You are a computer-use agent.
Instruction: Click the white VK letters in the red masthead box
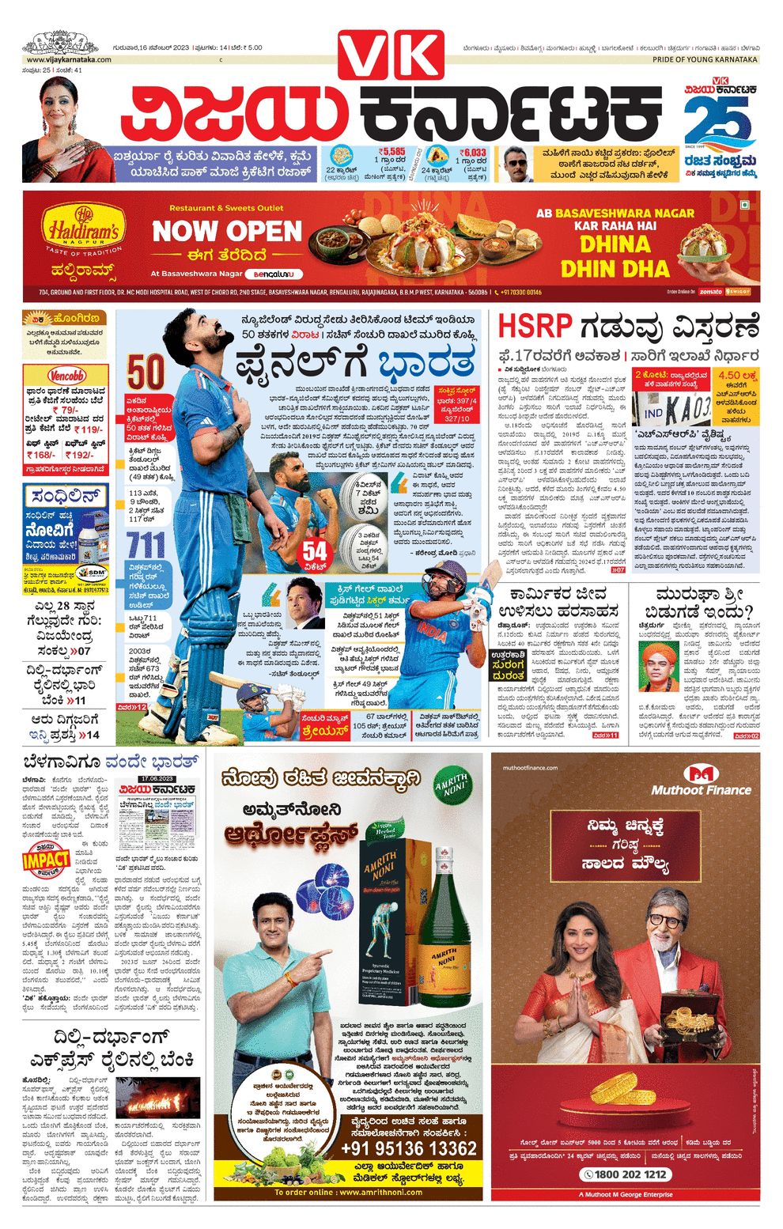391,57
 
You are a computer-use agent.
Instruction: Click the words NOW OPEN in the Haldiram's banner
228,231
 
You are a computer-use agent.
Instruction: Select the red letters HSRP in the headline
535,327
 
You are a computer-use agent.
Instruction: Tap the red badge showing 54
314,551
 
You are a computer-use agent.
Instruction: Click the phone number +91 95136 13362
408,1148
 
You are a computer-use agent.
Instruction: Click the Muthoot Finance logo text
701,789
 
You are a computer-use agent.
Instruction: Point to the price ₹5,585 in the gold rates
391,151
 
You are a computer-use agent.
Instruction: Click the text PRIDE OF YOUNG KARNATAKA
704,59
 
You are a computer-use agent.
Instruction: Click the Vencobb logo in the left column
66,376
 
